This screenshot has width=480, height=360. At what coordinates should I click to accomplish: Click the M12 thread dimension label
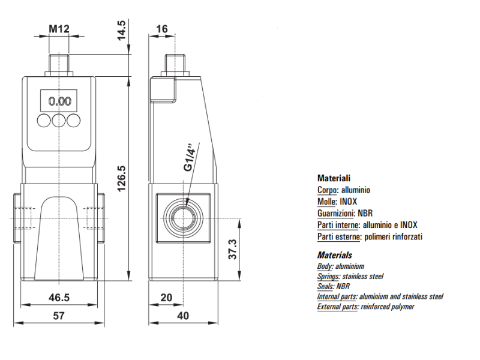pyautogui.click(x=58, y=29)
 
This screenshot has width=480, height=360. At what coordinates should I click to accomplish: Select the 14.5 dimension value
pyautogui.click(x=122, y=31)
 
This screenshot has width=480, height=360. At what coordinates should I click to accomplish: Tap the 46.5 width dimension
pyautogui.click(x=59, y=298)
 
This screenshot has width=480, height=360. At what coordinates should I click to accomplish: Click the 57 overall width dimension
pyautogui.click(x=59, y=316)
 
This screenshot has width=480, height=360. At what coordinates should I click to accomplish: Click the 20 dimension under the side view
pyautogui.click(x=166, y=298)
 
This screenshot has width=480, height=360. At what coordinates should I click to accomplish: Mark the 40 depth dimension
pyautogui.click(x=183, y=316)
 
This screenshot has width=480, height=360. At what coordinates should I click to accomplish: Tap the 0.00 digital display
pyautogui.click(x=59, y=101)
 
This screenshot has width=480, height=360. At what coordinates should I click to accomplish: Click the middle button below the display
pyautogui.click(x=59, y=121)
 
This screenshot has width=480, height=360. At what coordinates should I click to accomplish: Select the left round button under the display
pyautogui.click(x=44, y=121)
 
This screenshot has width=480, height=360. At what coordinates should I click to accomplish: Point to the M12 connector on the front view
pyautogui.click(x=59, y=65)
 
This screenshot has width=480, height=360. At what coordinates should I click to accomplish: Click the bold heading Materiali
pyautogui.click(x=334, y=178)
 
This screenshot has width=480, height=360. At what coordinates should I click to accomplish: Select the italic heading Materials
pyautogui.click(x=334, y=255)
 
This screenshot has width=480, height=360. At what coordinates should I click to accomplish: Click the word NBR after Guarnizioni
pyautogui.click(x=365, y=213)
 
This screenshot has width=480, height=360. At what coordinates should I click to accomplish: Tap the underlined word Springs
pyautogui.click(x=328, y=277)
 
